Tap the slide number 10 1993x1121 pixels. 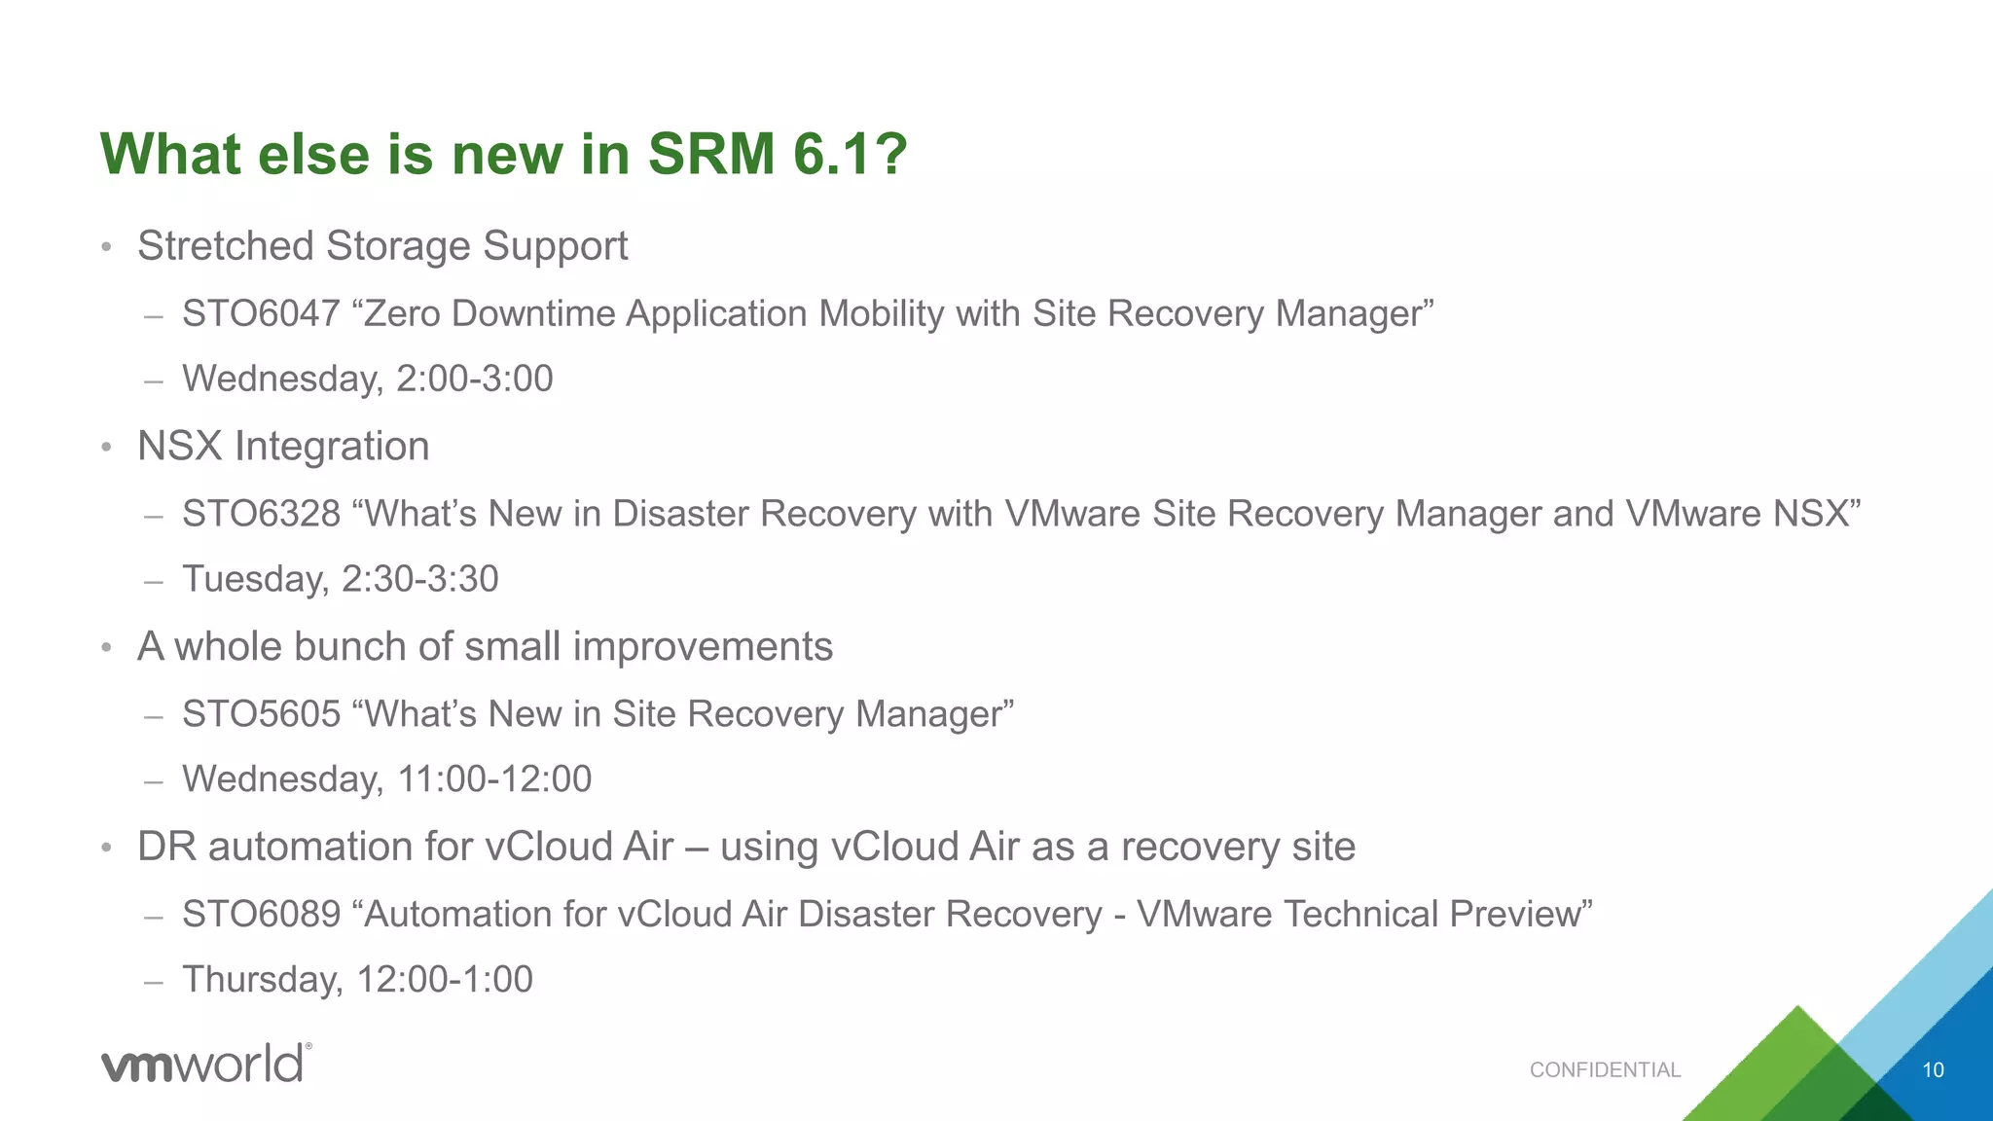(x=1933, y=1070)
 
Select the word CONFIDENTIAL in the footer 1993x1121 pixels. (x=1605, y=1070)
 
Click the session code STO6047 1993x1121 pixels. (x=261, y=314)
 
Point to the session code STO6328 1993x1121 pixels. (x=261, y=515)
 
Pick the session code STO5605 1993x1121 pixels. (x=261, y=715)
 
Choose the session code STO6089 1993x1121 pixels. (x=261, y=916)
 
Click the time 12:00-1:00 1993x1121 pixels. (x=445, y=980)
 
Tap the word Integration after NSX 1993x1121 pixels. (x=332, y=447)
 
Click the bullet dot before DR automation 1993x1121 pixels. (x=107, y=848)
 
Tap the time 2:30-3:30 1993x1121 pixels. (x=419, y=580)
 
